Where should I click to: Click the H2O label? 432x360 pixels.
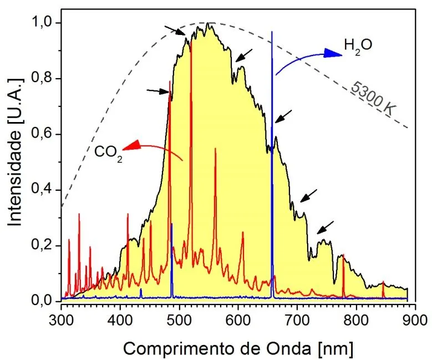tap(358, 45)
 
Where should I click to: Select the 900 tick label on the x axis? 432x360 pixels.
tap(415, 321)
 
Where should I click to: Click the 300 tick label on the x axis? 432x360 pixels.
tap(61, 321)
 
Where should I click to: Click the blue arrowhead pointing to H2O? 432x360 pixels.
tap(333, 53)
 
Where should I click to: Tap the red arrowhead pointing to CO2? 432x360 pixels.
tap(130, 145)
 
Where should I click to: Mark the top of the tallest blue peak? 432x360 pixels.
tap(272, 32)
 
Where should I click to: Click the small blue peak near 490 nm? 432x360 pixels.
tap(172, 224)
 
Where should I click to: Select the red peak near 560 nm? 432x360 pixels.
tap(215, 149)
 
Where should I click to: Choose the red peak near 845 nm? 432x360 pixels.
tap(383, 282)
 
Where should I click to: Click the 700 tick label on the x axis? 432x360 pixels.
tap(297, 321)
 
